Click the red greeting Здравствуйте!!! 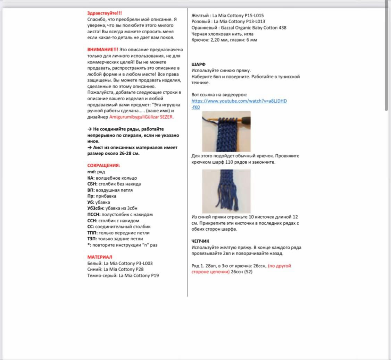[x=105, y=13]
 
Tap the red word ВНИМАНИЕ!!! [x=102, y=50]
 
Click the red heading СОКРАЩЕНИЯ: [x=103, y=165]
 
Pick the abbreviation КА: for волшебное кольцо [x=91, y=178]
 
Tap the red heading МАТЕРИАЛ [x=100, y=257]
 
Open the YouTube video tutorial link [x=239, y=101]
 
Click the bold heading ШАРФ [x=198, y=64]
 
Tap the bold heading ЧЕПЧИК [x=200, y=241]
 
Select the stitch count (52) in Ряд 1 [x=248, y=272]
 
